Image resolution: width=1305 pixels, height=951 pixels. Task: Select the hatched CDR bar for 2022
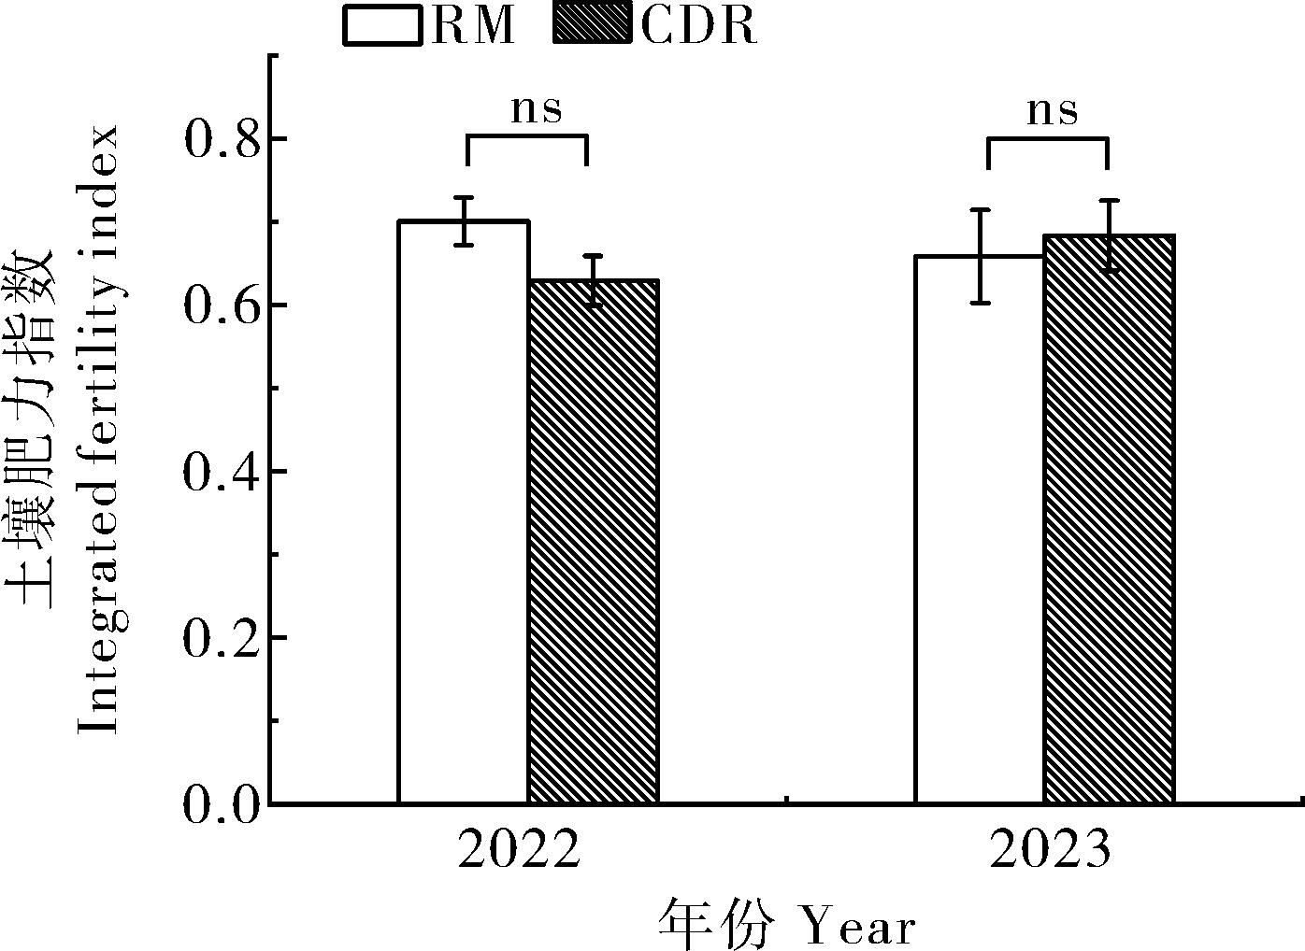(593, 542)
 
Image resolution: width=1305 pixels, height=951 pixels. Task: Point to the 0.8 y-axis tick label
(220, 140)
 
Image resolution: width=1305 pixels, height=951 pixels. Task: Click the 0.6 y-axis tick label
(220, 306)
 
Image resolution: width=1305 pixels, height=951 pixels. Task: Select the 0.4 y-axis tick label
(220, 473)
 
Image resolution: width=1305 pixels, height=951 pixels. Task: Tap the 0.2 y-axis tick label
(220, 639)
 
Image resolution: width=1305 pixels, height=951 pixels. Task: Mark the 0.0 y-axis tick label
(220, 805)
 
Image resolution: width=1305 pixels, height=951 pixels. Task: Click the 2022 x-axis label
(519, 850)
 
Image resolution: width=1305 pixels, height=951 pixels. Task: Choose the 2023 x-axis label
(1050, 850)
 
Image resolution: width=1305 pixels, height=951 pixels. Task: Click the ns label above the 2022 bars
(537, 109)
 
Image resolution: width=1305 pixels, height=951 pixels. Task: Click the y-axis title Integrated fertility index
(98, 430)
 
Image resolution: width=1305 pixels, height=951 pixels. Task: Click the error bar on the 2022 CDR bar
(593, 280)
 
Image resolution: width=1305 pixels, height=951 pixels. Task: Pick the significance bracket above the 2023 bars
(1048, 140)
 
